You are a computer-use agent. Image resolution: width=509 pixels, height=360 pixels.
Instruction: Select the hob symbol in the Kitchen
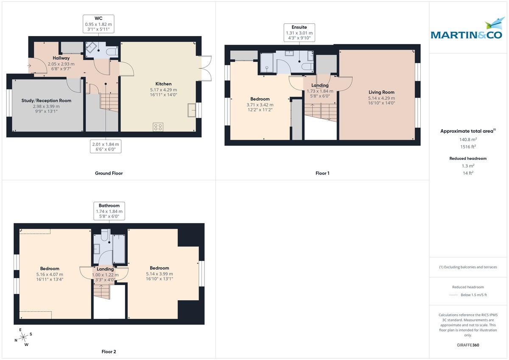click(x=158, y=127)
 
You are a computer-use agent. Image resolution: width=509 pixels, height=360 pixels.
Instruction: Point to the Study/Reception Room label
click(x=46, y=100)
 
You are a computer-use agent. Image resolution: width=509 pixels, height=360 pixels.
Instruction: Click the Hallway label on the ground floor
click(x=61, y=58)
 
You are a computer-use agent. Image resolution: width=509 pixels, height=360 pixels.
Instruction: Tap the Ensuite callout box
click(x=299, y=33)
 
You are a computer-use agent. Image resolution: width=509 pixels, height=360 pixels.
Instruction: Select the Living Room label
click(x=381, y=92)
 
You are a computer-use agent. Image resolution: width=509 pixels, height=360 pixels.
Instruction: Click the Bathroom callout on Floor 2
click(x=109, y=211)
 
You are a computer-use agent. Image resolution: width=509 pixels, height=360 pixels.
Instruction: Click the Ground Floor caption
click(x=109, y=173)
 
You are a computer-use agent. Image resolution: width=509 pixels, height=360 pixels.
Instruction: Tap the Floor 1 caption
click(x=322, y=173)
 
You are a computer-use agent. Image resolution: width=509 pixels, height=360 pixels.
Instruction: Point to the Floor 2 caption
click(x=109, y=352)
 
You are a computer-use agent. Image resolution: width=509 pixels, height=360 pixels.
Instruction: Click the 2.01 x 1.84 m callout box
click(x=106, y=147)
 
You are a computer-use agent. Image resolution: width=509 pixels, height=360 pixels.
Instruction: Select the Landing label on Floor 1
click(x=320, y=85)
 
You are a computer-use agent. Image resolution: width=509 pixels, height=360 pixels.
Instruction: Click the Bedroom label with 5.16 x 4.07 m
click(x=50, y=268)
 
